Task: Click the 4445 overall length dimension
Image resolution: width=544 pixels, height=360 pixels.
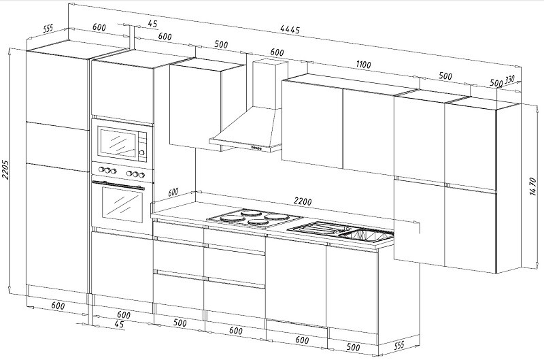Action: [290, 29]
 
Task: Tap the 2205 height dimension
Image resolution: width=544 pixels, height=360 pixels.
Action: [5, 169]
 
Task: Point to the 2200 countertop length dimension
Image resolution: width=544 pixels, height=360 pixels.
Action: [303, 201]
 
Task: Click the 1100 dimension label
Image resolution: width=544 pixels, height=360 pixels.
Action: [363, 65]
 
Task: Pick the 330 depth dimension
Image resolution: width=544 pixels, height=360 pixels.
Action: [509, 80]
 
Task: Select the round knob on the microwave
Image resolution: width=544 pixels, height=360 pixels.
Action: [142, 152]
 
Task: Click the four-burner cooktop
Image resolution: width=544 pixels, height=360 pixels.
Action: [254, 218]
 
